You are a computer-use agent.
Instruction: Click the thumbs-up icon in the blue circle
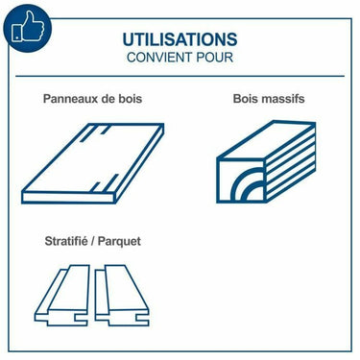(x=28, y=28)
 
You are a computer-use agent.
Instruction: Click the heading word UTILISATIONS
(x=180, y=39)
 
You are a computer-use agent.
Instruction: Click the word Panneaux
(x=70, y=99)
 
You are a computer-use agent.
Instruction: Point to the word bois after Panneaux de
(x=130, y=99)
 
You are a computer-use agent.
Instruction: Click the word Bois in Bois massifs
(x=246, y=99)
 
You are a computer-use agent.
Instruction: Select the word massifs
(x=282, y=99)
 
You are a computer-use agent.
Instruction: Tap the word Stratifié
(x=66, y=241)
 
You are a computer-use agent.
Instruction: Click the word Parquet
(x=119, y=242)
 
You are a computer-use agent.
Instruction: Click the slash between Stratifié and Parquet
(x=92, y=241)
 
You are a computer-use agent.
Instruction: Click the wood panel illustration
(x=93, y=163)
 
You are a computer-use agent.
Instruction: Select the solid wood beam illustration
(x=266, y=161)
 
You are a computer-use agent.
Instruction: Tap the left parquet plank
(x=61, y=295)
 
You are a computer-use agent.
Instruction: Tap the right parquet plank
(x=122, y=295)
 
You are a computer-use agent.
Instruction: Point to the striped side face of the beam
(x=291, y=162)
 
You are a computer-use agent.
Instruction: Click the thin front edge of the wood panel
(x=69, y=198)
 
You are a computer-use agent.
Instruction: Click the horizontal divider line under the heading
(x=180, y=76)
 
